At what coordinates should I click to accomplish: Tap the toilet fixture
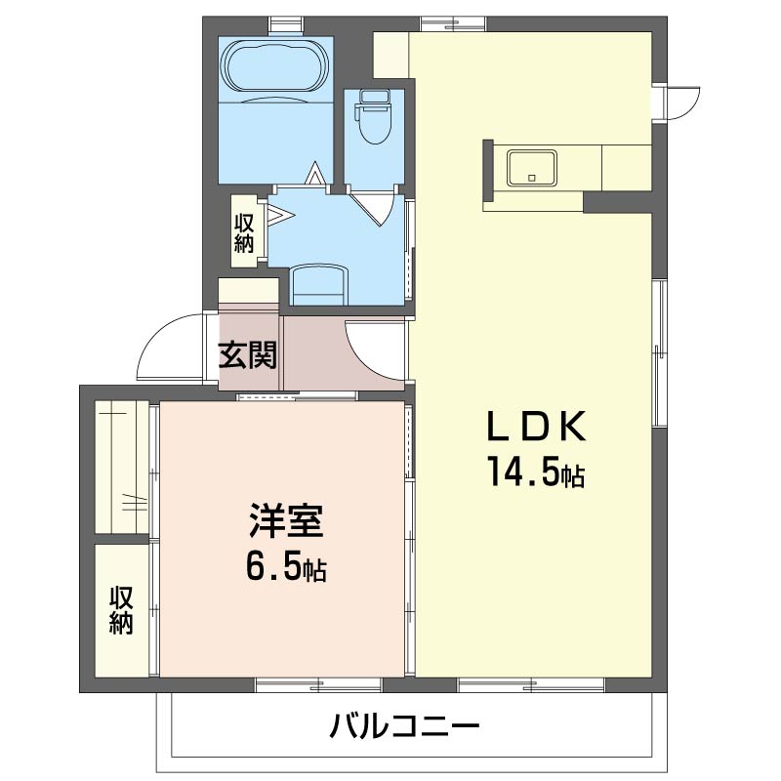[374, 117]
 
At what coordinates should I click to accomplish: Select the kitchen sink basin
[532, 168]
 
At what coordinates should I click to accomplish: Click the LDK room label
[536, 427]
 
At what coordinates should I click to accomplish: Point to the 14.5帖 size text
[537, 472]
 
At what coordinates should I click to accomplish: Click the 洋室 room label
[286, 521]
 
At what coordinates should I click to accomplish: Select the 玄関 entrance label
[248, 354]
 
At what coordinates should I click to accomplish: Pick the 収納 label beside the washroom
[244, 232]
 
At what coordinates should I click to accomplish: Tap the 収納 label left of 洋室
[121, 611]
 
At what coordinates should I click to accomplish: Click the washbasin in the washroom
[319, 285]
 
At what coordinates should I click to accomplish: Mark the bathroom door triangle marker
[314, 174]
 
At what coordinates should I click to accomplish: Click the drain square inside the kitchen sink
[532, 178]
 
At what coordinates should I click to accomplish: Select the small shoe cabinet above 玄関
[249, 290]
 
